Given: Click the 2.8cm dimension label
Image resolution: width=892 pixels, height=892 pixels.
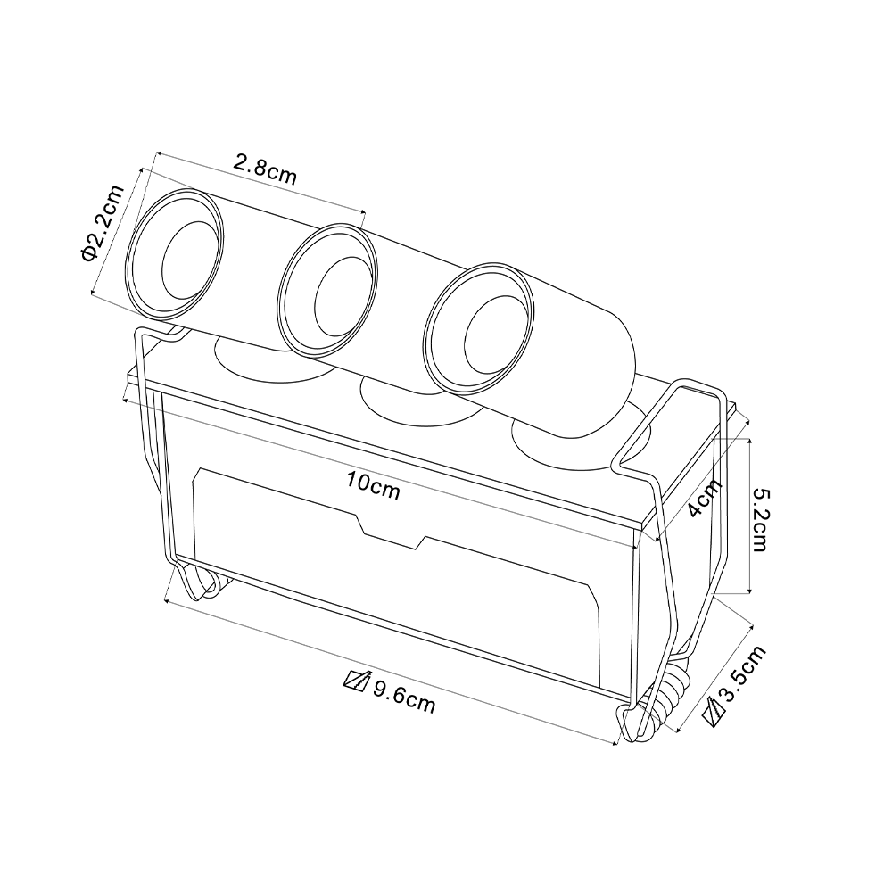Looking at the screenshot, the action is (x=265, y=169).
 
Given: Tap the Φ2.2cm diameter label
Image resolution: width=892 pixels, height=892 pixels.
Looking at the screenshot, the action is (x=103, y=224).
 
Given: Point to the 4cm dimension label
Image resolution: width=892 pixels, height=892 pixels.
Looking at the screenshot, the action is (x=705, y=497).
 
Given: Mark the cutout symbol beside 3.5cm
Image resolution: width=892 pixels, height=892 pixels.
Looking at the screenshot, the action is (x=714, y=713).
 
